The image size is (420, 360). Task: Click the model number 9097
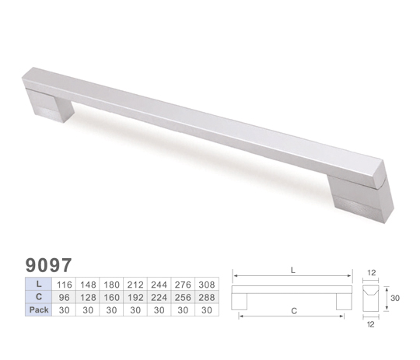48,265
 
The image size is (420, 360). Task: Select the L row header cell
39,284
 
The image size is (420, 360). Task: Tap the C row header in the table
39,297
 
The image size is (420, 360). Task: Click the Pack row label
39,309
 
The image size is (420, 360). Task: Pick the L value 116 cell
64,284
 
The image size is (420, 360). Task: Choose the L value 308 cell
207,284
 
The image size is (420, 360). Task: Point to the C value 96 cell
64,297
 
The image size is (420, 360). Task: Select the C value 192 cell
135,297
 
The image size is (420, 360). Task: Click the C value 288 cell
207,297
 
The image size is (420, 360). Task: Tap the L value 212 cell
135,284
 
